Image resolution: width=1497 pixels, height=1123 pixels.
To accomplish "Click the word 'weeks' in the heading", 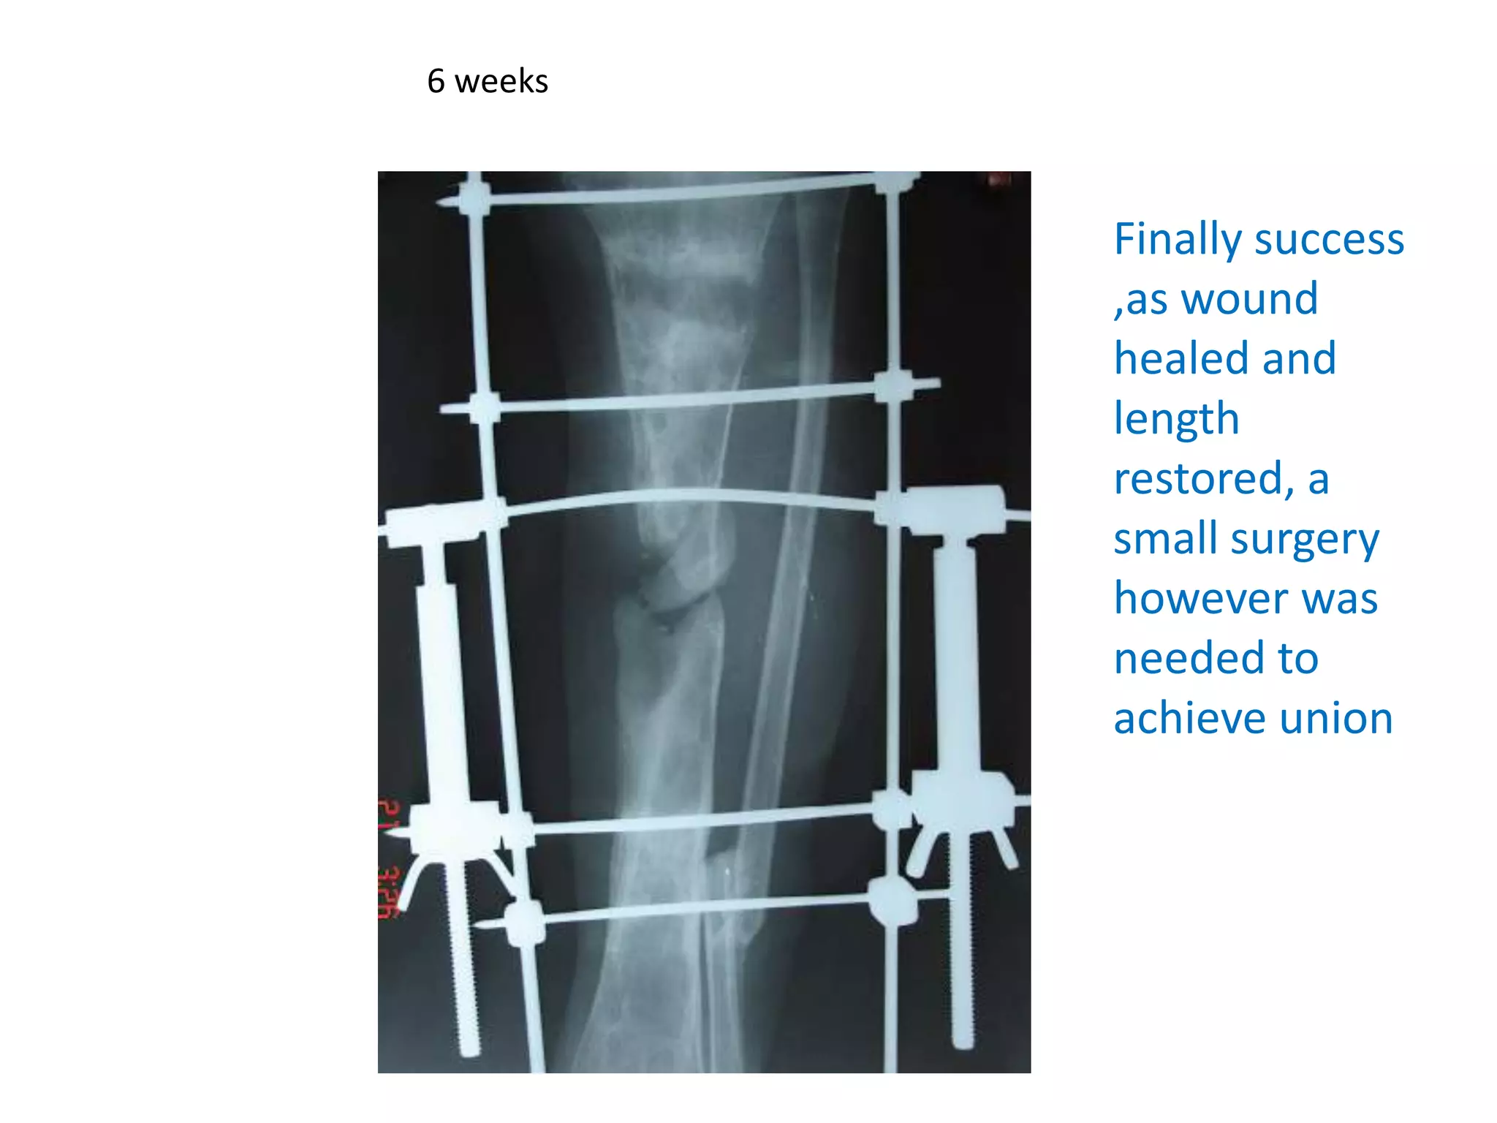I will tap(501, 81).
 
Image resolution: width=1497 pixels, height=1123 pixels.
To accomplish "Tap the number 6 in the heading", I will tap(436, 81).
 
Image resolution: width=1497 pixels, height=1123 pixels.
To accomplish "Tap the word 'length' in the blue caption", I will tap(1176, 419).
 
